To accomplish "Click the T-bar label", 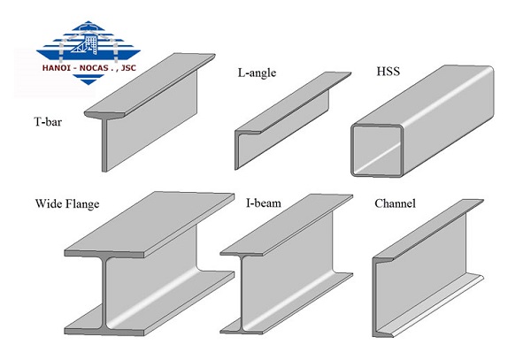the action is point(48,121).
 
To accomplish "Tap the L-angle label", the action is point(257,73).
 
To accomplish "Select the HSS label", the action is point(389,72).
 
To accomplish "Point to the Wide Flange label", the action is point(67,203).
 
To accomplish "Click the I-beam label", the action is point(264,203).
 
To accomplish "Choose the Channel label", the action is point(395,203).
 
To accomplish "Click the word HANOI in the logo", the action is point(57,68).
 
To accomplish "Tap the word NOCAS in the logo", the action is point(94,68).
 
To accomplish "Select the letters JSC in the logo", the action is point(128,68).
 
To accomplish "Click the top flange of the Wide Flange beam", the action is point(149,223).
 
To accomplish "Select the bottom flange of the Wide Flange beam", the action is point(149,304).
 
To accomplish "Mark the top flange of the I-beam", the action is point(287,224).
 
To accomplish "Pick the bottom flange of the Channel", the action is point(428,306).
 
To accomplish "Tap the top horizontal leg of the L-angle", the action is point(293,102).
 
